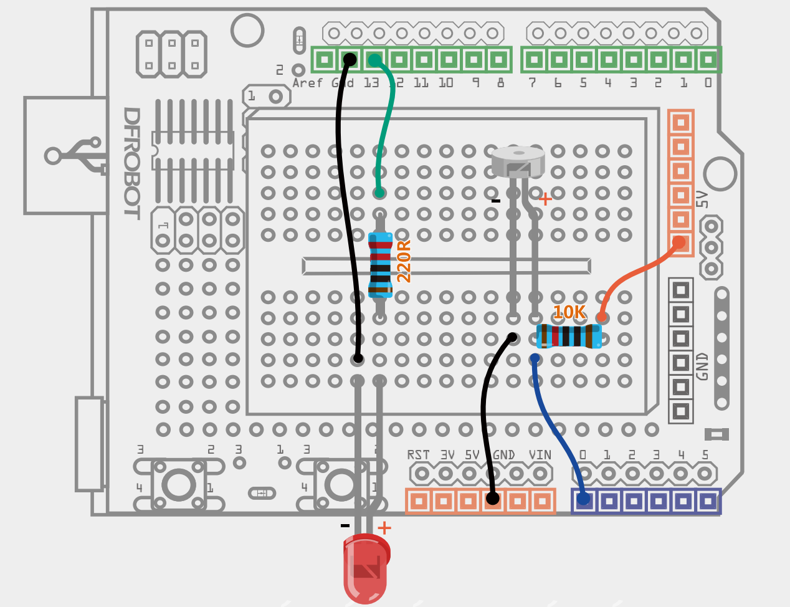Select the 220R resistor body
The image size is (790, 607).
380,265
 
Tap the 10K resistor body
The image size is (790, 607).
569,336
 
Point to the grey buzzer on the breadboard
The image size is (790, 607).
518,161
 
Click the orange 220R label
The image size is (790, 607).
404,261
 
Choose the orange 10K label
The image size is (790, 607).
569,313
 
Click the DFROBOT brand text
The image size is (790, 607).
131,163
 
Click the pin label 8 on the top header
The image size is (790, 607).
500,83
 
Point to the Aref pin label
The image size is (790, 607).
308,83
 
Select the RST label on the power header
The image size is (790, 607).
418,455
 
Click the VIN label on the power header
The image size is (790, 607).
540,455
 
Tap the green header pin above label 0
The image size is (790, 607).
708,60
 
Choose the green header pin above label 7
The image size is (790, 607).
533,60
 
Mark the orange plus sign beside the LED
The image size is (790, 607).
384,528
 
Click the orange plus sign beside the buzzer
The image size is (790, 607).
545,199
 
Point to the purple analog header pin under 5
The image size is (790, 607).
707,500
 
